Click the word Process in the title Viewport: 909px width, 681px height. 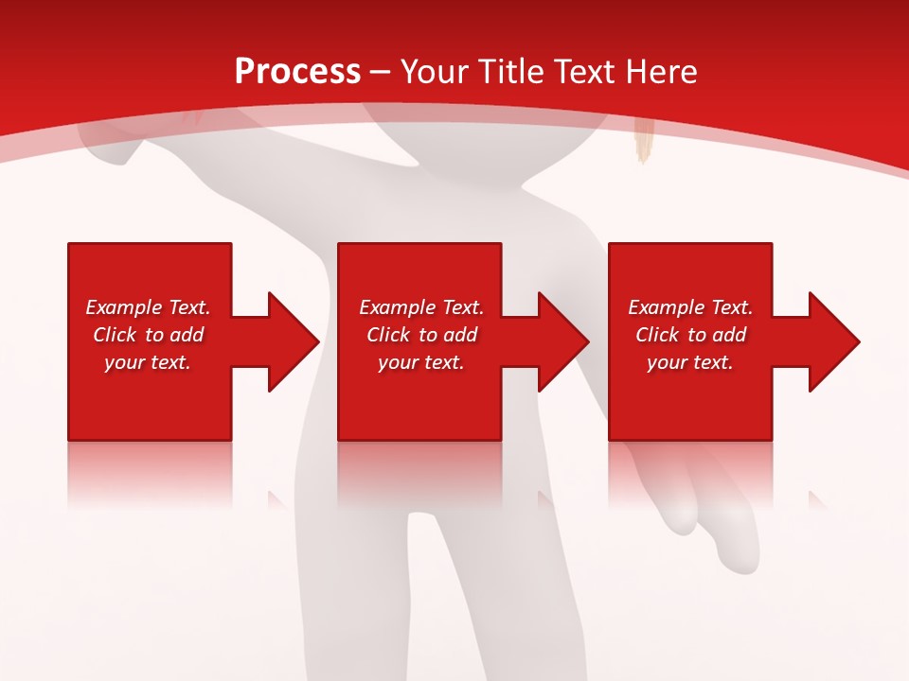297,72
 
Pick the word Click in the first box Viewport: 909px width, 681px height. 116,335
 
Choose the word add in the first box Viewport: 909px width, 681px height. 187,335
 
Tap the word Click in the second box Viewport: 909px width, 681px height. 389,335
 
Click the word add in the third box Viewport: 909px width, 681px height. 729,335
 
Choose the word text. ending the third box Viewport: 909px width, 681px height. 712,362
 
